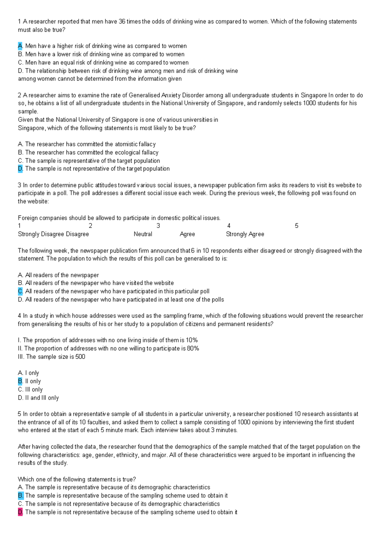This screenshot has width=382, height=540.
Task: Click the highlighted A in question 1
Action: coord(20,46)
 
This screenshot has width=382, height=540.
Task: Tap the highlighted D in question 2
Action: coord(20,169)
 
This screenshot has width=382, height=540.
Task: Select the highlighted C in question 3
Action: coord(20,291)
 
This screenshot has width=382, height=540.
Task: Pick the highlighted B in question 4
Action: coord(20,381)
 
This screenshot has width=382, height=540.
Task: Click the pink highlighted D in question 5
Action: coord(20,512)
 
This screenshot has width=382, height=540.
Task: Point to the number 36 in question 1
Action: coord(122,22)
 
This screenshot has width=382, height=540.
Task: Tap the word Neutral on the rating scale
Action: coord(143,234)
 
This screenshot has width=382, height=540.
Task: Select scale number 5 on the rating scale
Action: coord(296,226)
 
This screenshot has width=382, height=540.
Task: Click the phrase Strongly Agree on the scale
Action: coord(245,234)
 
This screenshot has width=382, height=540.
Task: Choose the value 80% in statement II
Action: coord(193,348)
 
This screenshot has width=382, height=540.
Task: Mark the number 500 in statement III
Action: coord(80,357)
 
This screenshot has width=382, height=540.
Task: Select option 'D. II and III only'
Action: coord(38,398)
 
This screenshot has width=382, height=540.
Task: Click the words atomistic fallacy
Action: coord(135,144)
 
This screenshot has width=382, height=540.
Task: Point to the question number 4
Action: coord(19,316)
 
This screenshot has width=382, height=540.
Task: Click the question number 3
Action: coord(19,185)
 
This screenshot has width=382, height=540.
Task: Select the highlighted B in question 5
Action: coord(20,495)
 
